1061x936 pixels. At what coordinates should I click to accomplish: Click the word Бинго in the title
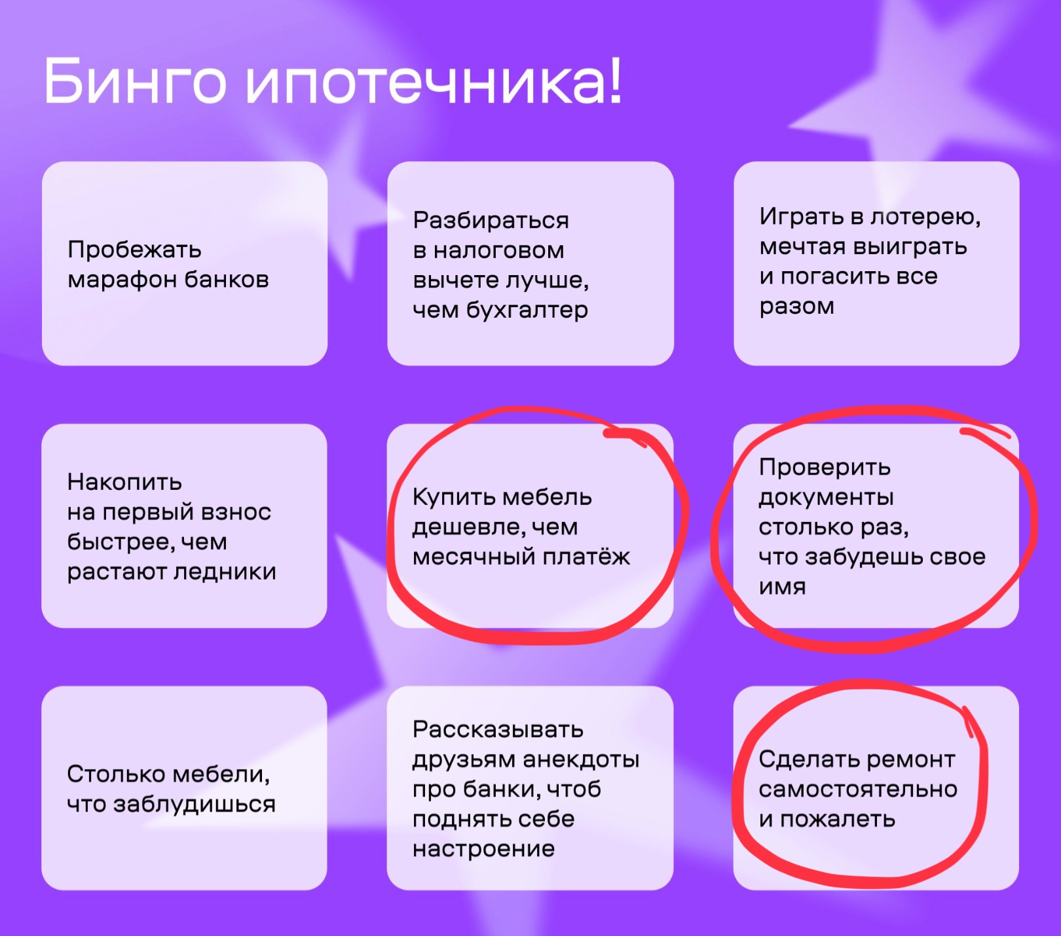(x=135, y=81)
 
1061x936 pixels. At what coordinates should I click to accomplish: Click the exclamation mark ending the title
(x=614, y=81)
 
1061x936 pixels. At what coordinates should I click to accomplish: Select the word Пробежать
(x=134, y=250)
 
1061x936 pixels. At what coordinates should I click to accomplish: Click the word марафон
(x=122, y=280)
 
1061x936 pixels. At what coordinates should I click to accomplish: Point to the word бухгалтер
(x=527, y=310)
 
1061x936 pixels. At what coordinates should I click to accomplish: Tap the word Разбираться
(x=491, y=221)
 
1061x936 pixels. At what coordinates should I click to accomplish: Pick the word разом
(x=796, y=307)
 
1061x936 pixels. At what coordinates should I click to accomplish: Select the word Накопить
(x=124, y=482)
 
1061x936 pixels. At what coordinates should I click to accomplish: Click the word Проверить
(x=825, y=468)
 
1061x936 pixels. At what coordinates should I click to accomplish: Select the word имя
(x=782, y=587)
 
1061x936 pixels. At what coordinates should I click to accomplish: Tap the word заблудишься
(x=194, y=804)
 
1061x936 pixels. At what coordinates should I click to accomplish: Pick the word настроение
(x=483, y=850)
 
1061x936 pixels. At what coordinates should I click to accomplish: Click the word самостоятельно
(x=857, y=790)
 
